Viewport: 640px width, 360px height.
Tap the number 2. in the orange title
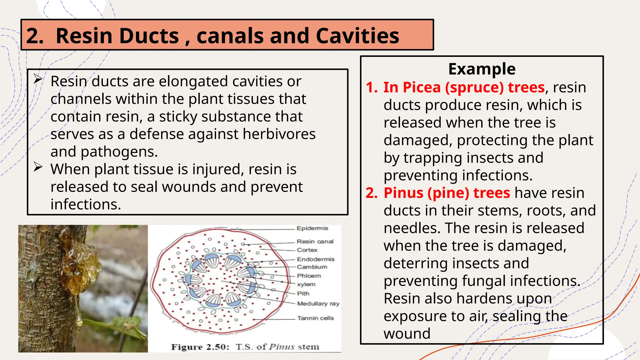click(35, 36)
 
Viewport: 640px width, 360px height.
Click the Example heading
click(482, 69)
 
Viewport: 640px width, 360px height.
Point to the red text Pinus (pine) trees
click(447, 193)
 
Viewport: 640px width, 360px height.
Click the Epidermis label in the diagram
click(312, 228)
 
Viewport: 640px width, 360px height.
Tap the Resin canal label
click(315, 241)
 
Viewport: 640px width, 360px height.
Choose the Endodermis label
click(316, 259)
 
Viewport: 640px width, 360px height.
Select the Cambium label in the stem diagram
click(312, 267)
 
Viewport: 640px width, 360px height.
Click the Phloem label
click(309, 276)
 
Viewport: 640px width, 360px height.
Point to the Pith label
click(303, 293)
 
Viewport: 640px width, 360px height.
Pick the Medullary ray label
click(318, 303)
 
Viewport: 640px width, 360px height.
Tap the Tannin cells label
click(315, 318)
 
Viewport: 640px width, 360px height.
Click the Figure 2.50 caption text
click(245, 347)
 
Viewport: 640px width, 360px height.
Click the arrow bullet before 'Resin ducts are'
click(38, 79)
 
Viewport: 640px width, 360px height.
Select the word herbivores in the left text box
click(279, 134)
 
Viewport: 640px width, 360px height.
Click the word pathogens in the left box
click(119, 152)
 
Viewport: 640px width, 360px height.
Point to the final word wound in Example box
click(407, 333)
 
